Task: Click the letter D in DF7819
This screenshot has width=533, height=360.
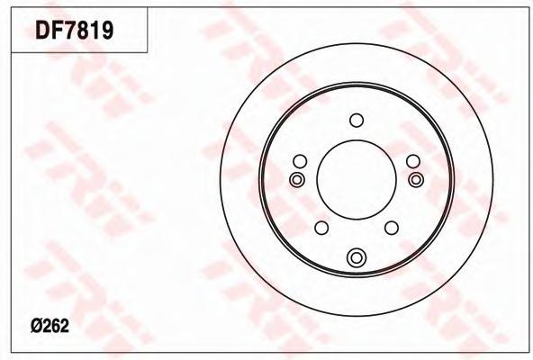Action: pos(42,31)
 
